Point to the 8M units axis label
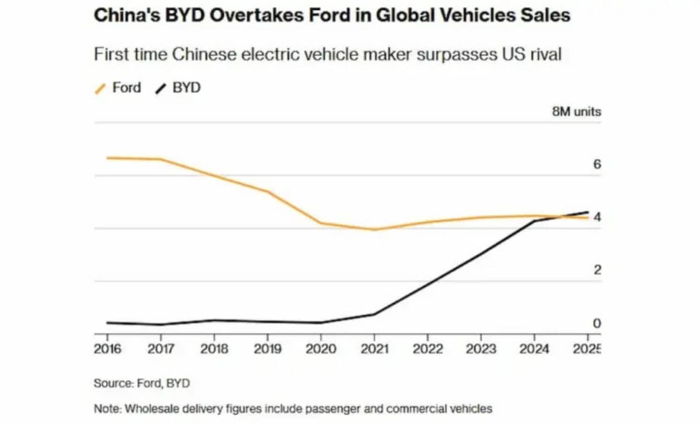tap(576, 111)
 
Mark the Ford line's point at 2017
tap(160, 159)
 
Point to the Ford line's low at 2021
tap(374, 229)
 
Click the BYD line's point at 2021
tap(374, 314)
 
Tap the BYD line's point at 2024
tap(534, 221)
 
